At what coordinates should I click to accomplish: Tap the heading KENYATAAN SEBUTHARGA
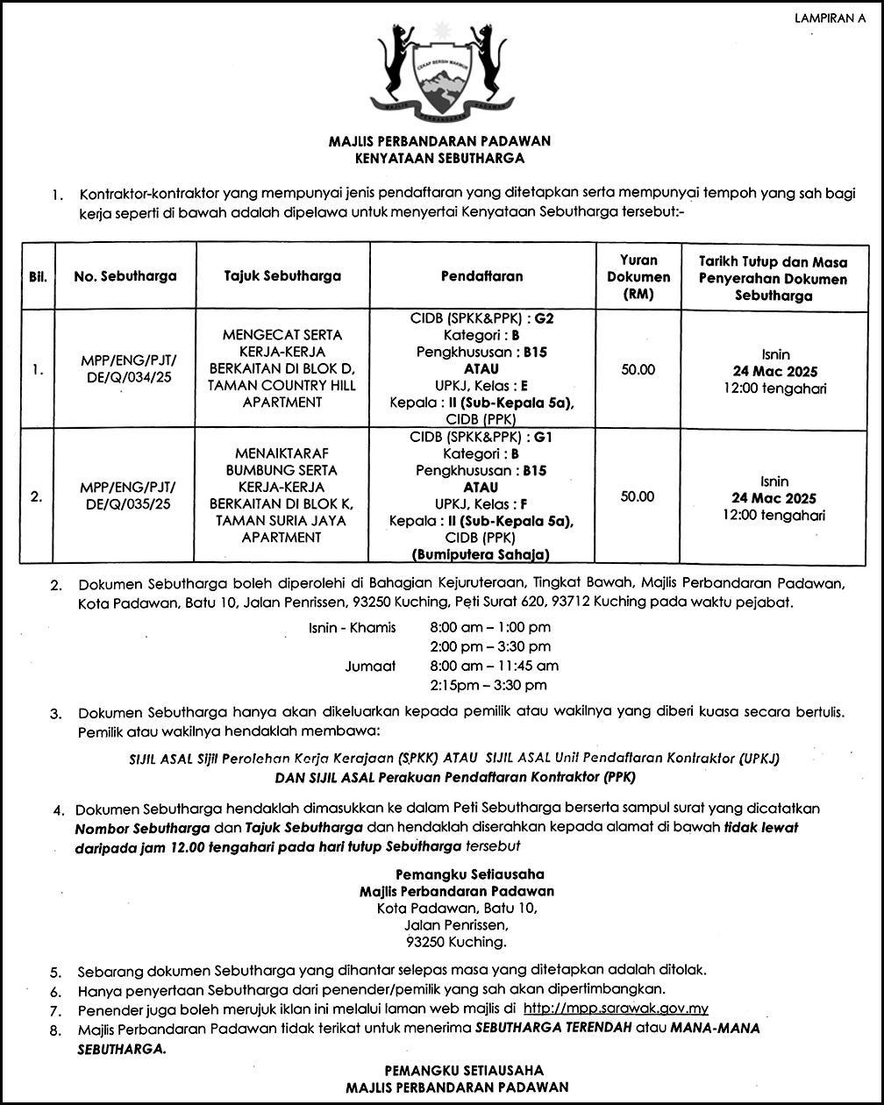tap(439, 159)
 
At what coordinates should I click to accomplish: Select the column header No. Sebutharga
tap(125, 276)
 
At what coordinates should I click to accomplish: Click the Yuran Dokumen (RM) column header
tap(638, 277)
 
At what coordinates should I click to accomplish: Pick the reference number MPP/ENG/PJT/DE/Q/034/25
tap(127, 368)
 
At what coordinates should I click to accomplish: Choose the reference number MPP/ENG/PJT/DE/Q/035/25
tap(127, 495)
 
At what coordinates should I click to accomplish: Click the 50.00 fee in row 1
tap(638, 369)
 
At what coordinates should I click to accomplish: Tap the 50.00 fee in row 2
tap(638, 496)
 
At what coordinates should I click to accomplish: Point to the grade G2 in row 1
tap(544, 318)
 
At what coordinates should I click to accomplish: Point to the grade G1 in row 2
tap(544, 437)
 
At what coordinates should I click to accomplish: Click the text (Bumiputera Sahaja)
tap(481, 554)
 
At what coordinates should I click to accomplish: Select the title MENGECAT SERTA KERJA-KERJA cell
tap(282, 368)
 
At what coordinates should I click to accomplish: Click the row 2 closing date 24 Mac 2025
tap(774, 498)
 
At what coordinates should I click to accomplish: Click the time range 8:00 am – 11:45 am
tap(494, 666)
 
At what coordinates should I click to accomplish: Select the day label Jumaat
tap(370, 666)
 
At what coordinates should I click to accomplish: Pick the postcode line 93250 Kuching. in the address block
tap(457, 942)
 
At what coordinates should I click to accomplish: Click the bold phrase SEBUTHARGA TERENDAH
tap(553, 1028)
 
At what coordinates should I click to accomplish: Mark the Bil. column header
tap(38, 276)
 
